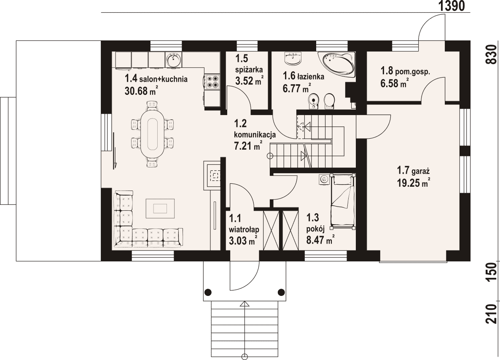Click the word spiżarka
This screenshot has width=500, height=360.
pos(249,70)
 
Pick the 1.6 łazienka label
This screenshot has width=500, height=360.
pos(304,77)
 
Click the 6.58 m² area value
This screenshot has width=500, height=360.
pos(395,83)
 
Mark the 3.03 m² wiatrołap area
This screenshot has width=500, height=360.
pos(243,241)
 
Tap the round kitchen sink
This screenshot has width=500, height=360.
pos(173,60)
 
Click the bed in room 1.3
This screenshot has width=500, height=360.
pos(343,201)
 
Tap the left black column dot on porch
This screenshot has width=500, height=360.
pos(208,292)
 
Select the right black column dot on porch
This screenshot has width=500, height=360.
pos(281,292)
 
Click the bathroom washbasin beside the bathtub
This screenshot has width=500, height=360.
pos(293,58)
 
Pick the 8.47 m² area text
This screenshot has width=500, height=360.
pos(320,240)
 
